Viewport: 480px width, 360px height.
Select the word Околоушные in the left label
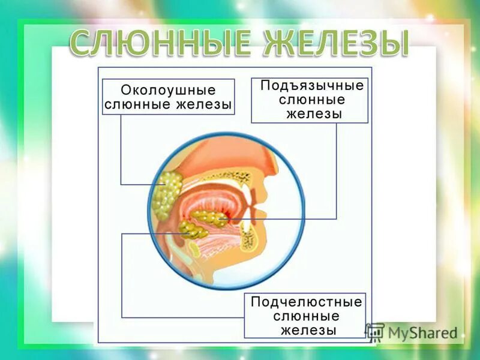click(168, 90)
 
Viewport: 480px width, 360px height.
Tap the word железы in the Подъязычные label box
click(311, 115)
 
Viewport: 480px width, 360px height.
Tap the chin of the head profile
click(264, 252)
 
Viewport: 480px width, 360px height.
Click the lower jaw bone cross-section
click(247, 237)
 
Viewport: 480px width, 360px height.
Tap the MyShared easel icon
click(375, 332)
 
